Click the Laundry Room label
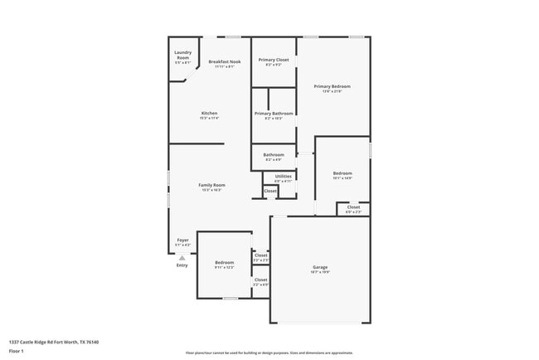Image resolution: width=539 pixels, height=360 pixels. click(x=182, y=55)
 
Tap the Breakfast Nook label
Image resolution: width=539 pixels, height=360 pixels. click(x=225, y=61)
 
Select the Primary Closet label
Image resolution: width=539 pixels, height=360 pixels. click(x=274, y=60)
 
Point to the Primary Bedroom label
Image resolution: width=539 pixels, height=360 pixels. click(x=332, y=86)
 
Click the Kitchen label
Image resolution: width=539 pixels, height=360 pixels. click(x=210, y=114)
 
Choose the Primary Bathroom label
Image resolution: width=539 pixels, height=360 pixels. click(x=274, y=114)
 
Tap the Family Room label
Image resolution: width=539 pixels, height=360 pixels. click(x=211, y=185)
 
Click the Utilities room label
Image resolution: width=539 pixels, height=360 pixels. click(x=283, y=176)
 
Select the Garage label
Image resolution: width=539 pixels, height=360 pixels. click(x=320, y=267)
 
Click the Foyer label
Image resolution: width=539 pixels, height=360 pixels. click(x=182, y=241)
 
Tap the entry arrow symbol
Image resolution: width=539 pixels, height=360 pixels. click(x=182, y=258)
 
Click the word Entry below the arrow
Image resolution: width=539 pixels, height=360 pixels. click(x=182, y=265)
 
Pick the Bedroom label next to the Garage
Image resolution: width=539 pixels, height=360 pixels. click(x=224, y=261)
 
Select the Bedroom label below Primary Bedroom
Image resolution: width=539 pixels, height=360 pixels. click(x=342, y=174)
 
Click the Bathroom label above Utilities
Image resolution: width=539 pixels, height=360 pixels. click(x=274, y=154)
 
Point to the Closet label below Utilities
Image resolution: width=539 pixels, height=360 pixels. click(x=270, y=191)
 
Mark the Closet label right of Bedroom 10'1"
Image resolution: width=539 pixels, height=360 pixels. click(x=353, y=207)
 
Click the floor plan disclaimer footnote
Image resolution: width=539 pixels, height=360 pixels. click(x=269, y=353)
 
